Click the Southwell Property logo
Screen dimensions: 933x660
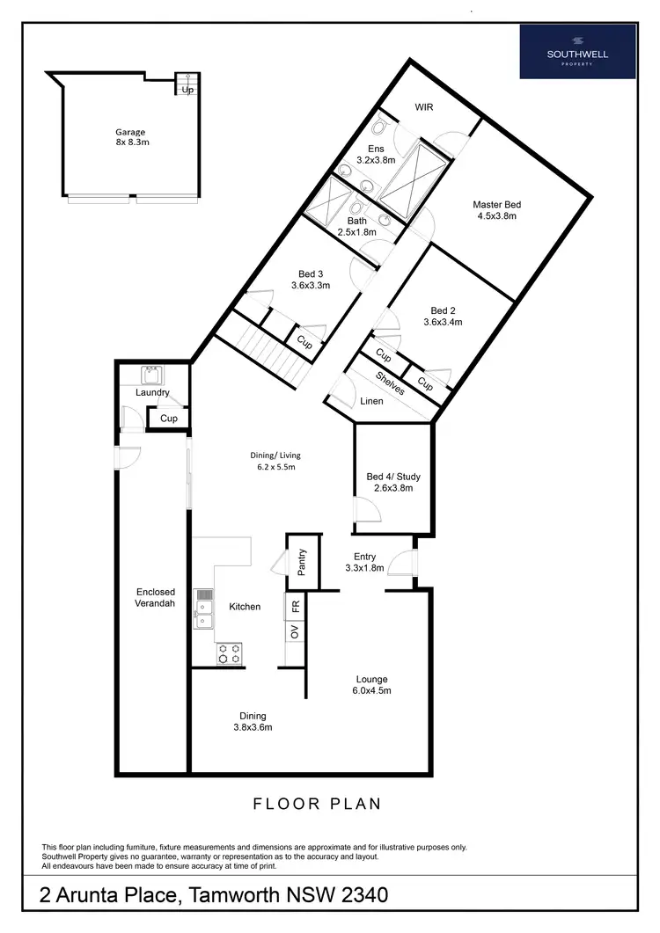577,51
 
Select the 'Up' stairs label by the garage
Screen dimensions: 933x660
187,90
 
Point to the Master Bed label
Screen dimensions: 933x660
495,205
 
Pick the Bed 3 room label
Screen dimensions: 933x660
311,273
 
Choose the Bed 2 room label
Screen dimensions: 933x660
443,310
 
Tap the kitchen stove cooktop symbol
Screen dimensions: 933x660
230,653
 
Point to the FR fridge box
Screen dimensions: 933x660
296,606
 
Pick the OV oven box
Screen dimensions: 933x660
296,631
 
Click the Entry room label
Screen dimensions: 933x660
365,556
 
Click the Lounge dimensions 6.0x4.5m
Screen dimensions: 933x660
372,691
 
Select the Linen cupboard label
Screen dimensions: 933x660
371,401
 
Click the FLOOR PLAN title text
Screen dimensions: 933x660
318,803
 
